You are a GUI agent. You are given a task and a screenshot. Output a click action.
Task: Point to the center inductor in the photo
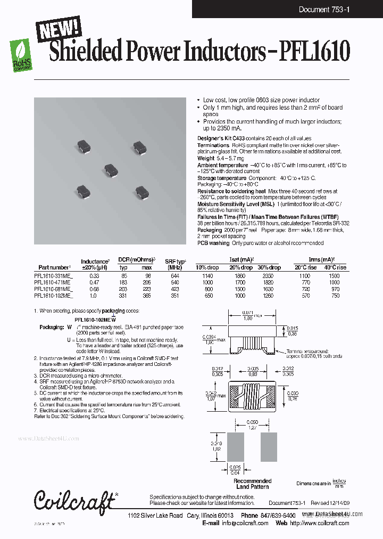(x=111, y=169)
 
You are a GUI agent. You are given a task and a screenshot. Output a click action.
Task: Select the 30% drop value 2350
(x=273, y=276)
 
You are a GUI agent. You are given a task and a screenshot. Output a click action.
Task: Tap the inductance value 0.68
(x=94, y=289)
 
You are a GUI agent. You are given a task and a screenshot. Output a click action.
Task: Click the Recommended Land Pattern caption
(x=252, y=484)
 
